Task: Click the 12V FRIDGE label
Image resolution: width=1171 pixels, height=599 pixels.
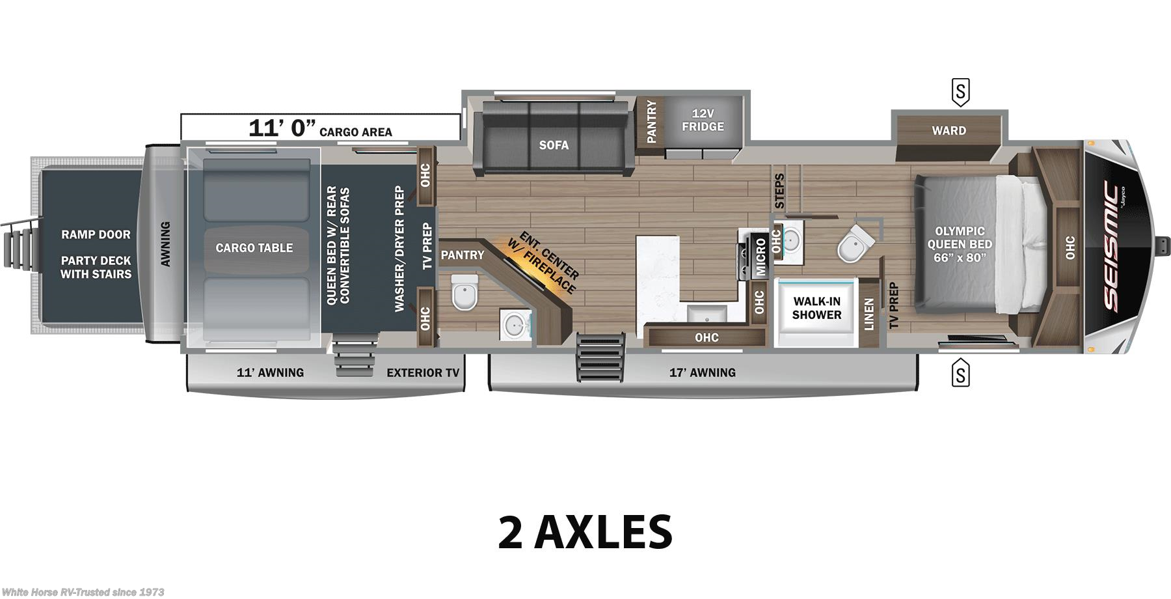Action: click(x=703, y=120)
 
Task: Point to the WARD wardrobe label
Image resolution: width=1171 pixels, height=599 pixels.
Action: click(x=949, y=131)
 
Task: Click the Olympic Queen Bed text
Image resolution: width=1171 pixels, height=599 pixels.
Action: click(x=960, y=244)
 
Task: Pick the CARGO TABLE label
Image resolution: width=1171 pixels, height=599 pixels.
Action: click(x=254, y=248)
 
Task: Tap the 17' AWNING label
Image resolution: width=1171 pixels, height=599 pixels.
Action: click(x=703, y=373)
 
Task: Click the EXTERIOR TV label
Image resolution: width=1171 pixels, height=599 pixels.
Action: click(x=423, y=373)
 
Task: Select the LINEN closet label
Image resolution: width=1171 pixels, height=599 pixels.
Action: click(x=868, y=314)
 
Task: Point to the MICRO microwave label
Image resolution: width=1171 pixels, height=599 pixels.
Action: click(x=760, y=257)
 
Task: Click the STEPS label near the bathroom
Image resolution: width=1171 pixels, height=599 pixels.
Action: click(x=779, y=191)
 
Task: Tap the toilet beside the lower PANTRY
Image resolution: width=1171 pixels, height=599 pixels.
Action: click(x=464, y=292)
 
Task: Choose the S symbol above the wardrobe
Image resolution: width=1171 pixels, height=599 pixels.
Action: click(x=960, y=92)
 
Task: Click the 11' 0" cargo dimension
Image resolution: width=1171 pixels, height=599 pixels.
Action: click(x=282, y=128)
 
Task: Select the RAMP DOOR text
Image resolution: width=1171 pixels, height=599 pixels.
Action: click(x=96, y=234)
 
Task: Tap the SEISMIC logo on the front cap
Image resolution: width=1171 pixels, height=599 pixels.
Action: click(x=1111, y=247)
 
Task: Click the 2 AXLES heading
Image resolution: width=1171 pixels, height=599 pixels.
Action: click(x=585, y=531)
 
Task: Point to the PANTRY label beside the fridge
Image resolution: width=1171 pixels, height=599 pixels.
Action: click(x=651, y=122)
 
